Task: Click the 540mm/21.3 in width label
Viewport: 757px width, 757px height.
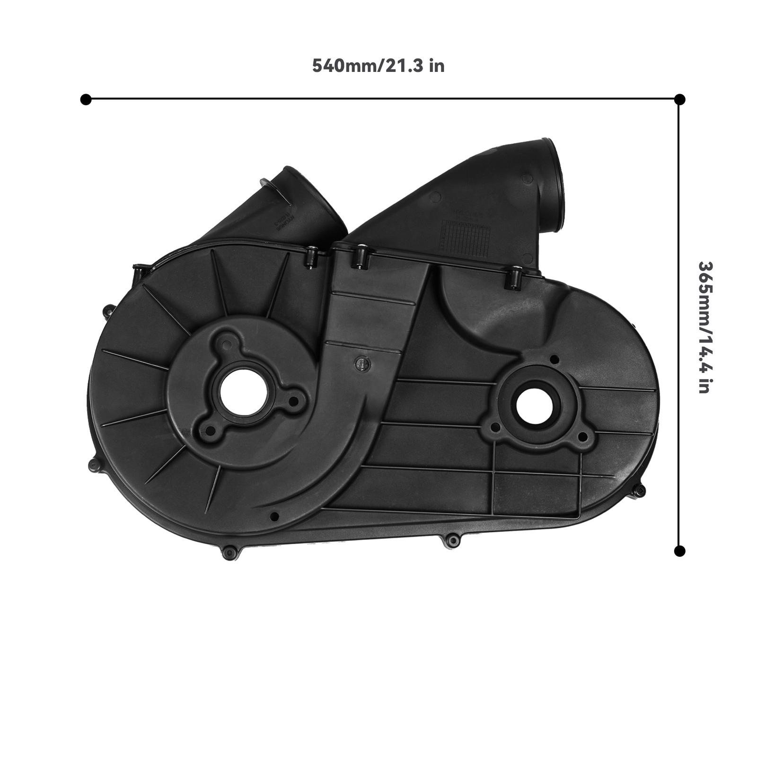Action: pyautogui.click(x=378, y=66)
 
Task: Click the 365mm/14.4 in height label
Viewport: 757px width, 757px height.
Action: pyautogui.click(x=704, y=327)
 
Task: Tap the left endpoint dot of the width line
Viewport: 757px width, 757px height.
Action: pyautogui.click(x=86, y=99)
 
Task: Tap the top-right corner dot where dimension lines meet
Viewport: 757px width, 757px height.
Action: pyautogui.click(x=679, y=99)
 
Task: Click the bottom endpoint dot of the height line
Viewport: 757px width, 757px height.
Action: pyautogui.click(x=679, y=551)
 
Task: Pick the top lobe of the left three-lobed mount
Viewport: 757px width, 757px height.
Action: pyautogui.click(x=228, y=339)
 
